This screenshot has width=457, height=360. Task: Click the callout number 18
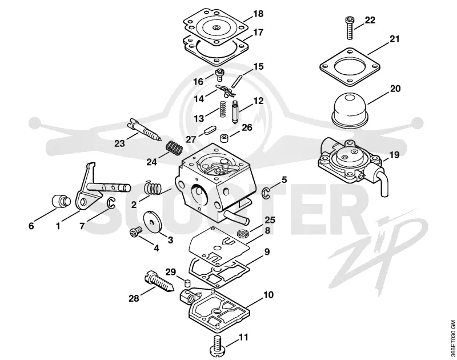(x=258, y=14)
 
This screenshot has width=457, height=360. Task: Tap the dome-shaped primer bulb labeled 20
(x=350, y=109)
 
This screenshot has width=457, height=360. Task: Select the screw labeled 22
(x=350, y=28)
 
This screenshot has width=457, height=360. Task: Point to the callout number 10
(x=268, y=295)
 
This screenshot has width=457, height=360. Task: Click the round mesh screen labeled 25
(x=241, y=233)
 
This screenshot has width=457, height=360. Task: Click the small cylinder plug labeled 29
(x=187, y=282)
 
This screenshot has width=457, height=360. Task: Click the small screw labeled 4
(x=135, y=232)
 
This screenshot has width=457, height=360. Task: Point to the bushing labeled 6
(x=61, y=201)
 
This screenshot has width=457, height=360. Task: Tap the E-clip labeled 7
(x=111, y=203)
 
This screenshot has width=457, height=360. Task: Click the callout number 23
(x=119, y=143)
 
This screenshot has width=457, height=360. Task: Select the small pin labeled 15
(x=236, y=81)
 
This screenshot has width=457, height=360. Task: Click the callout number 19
(x=394, y=155)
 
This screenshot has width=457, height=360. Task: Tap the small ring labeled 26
(x=224, y=138)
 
